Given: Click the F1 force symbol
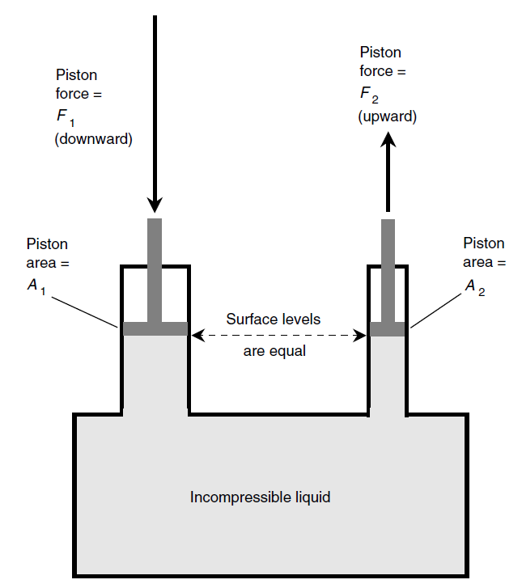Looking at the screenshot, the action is [66, 117].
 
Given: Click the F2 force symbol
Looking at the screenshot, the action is [369, 95].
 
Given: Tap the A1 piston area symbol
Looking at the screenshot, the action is [36, 287].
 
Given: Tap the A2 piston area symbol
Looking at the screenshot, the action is [475, 287].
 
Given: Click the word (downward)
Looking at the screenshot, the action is [94, 139].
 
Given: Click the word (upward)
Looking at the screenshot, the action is [388, 116].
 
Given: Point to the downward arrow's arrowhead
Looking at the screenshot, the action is [155, 205].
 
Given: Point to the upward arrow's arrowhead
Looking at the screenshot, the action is [388, 140].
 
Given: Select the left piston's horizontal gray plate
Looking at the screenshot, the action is [155, 328].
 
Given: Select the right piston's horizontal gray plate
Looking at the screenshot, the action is [388, 329].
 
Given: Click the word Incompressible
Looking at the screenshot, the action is [238, 497].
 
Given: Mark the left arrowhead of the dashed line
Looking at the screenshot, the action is [197, 335].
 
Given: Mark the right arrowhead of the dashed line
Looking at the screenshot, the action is [359, 336].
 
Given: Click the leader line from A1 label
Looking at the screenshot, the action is [85, 312].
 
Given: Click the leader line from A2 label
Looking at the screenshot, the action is [436, 311].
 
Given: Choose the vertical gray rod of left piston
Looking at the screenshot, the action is [155, 270].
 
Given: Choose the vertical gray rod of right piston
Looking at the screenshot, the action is [388, 271].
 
